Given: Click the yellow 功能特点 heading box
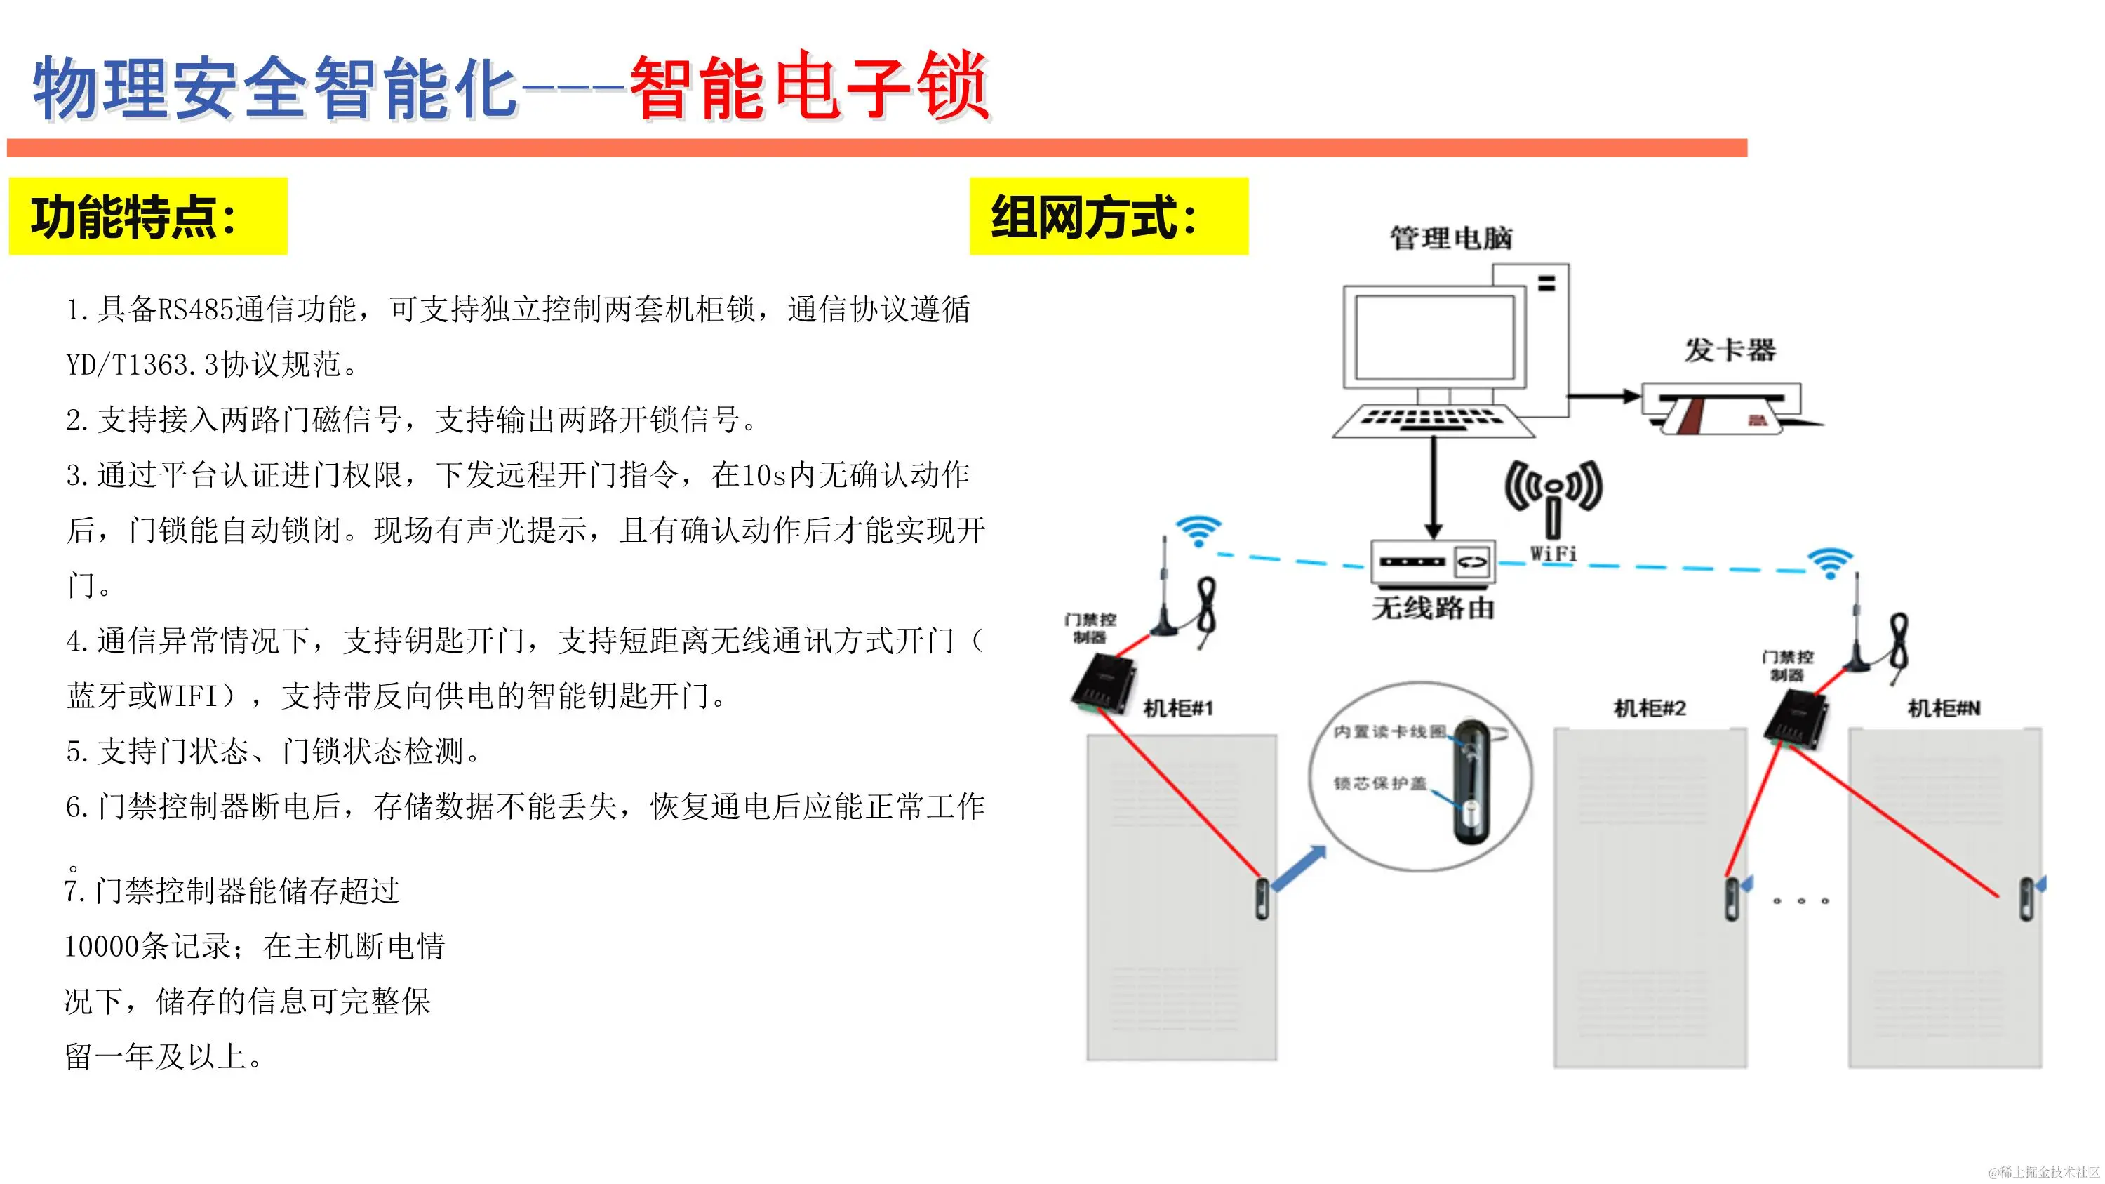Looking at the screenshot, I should [x=147, y=217].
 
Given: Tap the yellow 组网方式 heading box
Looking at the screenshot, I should [x=1108, y=217].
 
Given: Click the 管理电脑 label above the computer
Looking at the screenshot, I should [x=1451, y=239].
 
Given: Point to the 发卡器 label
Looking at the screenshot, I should [x=1729, y=350].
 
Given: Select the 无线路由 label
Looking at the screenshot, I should [x=1434, y=608].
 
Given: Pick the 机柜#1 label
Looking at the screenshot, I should [x=1177, y=707].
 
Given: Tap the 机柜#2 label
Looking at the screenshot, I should [x=1650, y=707].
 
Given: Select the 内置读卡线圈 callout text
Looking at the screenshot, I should [x=1389, y=731].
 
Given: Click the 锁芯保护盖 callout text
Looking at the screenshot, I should [x=1380, y=783].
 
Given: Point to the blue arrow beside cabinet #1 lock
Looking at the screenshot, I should [x=1299, y=869].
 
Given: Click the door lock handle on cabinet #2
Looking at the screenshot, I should [x=1731, y=899].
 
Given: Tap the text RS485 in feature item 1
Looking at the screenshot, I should [x=194, y=310].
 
